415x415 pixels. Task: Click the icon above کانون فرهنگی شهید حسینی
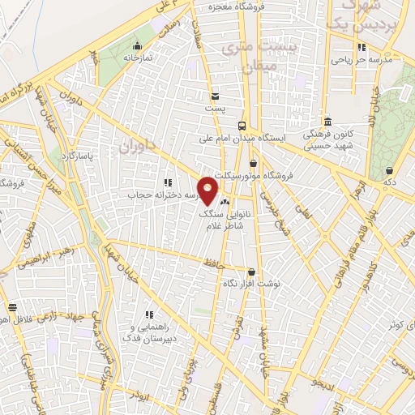click(327, 121)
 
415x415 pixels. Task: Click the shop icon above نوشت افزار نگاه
click(251, 272)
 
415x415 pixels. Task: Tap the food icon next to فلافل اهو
click(12, 308)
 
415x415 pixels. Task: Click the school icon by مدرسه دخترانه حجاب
click(168, 183)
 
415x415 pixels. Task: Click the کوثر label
click(395, 324)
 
